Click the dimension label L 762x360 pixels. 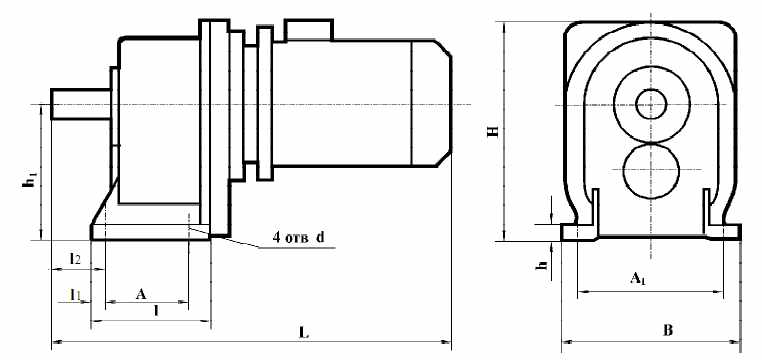click(x=304, y=334)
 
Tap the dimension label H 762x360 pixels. click(x=494, y=131)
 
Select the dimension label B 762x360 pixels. click(x=668, y=331)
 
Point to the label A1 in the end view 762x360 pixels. click(x=638, y=279)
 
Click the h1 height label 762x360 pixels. click(x=30, y=180)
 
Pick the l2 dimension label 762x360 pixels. click(x=75, y=258)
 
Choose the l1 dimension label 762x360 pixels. click(x=75, y=294)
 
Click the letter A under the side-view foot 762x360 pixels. click(x=141, y=293)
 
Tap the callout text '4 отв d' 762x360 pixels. click(x=298, y=238)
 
